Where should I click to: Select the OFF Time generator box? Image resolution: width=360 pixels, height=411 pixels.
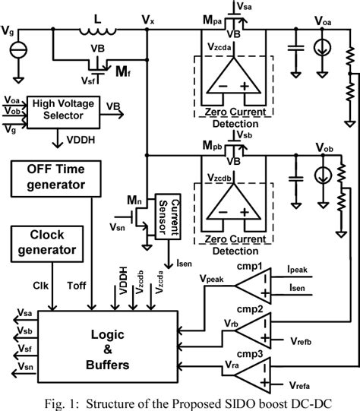click(56, 176)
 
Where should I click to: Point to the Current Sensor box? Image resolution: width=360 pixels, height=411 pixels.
click(166, 211)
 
